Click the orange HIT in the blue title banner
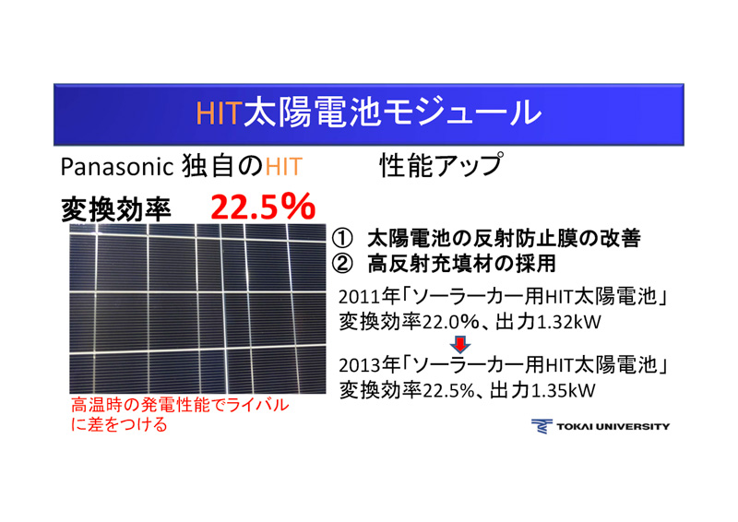(x=218, y=113)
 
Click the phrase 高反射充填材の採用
(x=461, y=264)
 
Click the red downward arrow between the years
(x=462, y=343)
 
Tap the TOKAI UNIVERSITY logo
(x=601, y=426)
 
